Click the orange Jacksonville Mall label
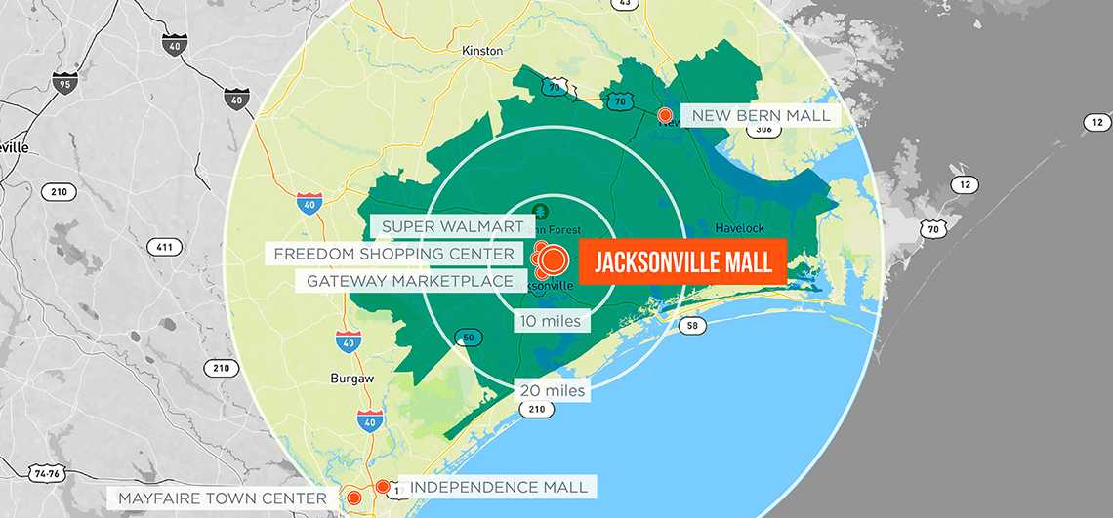click(x=683, y=261)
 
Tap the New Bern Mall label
click(x=762, y=116)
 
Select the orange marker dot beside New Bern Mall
click(x=666, y=116)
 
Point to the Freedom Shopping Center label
click(x=393, y=254)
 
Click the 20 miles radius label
click(x=553, y=391)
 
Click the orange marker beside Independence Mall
click(x=384, y=486)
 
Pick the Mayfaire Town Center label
click(x=223, y=498)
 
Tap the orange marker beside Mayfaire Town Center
click(x=354, y=498)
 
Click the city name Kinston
click(x=482, y=50)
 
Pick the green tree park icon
click(x=540, y=210)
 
